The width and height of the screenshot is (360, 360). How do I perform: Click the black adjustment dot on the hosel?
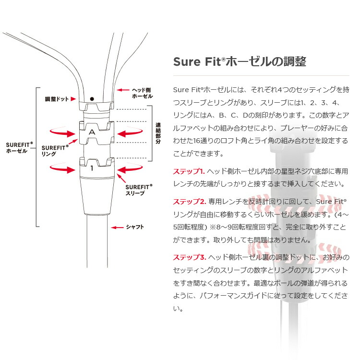pos(92,98)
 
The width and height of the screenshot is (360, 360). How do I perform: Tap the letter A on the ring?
pos(92,131)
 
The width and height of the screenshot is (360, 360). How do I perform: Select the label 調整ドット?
pos(56,99)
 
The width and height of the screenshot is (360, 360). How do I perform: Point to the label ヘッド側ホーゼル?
pos(142,93)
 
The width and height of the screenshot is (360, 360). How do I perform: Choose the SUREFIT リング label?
pos(52,151)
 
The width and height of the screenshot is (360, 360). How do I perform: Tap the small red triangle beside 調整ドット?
pos(73,99)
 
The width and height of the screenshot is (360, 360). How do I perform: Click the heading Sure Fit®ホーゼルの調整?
pos(239,62)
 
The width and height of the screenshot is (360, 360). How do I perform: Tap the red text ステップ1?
pos(189,171)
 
